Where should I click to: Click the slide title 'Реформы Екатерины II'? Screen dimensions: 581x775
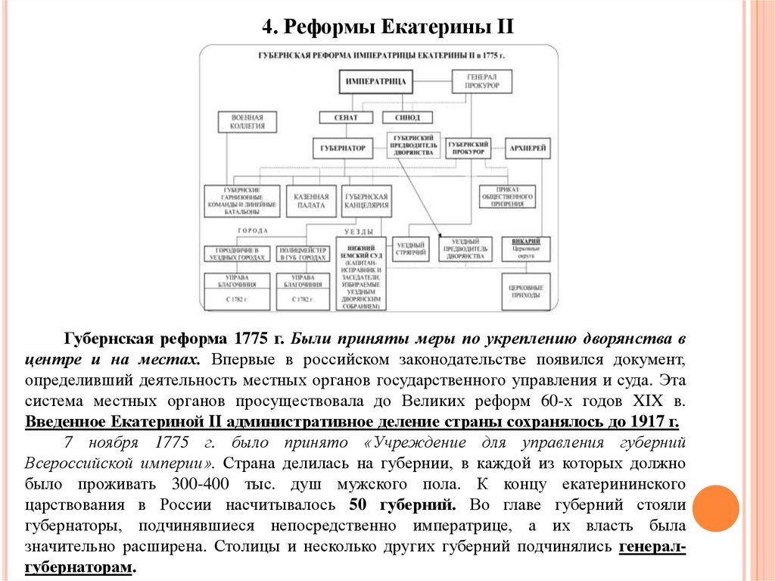(387, 28)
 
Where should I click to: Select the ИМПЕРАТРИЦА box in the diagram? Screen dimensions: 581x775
(376, 81)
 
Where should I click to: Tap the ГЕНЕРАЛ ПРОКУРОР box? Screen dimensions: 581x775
(482, 81)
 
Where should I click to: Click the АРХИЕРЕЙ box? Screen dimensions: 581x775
(528, 147)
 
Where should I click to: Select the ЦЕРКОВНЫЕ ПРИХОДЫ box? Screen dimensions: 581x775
(526, 292)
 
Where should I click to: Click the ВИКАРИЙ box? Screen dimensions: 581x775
(526, 248)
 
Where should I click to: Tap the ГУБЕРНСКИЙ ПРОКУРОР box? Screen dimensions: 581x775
(466, 147)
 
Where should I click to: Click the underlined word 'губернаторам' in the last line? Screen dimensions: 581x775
(79, 567)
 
